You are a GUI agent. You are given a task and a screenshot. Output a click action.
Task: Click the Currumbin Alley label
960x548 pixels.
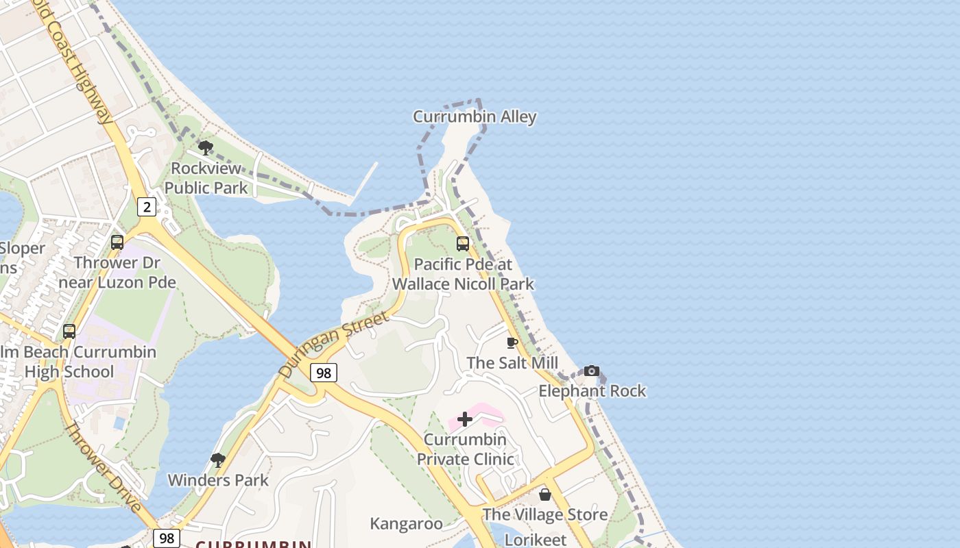tap(475, 117)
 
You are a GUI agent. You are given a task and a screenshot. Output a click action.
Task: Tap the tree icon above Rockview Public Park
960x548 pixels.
tap(205, 147)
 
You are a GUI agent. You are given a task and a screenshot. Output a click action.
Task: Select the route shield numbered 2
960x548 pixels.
tap(146, 206)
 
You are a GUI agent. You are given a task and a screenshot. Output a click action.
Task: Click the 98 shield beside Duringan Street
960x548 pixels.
tap(324, 373)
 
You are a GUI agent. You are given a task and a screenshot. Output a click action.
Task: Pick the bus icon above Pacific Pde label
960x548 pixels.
tap(463, 244)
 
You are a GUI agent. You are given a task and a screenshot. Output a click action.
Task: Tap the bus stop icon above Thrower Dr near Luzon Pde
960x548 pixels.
tap(117, 242)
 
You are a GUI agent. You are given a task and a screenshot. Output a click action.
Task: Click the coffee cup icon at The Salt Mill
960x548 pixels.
tap(512, 342)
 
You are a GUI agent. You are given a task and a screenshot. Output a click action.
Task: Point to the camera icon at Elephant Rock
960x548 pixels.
tap(592, 371)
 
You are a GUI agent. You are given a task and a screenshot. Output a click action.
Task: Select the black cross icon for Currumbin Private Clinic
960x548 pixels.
tap(465, 419)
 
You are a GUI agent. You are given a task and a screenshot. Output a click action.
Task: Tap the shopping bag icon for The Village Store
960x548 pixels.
tap(545, 494)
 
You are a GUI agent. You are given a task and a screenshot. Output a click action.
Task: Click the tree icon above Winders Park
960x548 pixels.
tap(218, 460)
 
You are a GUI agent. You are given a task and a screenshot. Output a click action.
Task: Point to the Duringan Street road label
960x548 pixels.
tap(333, 344)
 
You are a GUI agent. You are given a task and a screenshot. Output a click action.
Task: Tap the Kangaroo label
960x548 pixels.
tap(407, 524)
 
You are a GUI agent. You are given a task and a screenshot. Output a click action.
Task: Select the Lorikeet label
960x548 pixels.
tap(536, 540)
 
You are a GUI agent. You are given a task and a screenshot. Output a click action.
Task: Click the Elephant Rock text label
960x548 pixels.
tap(592, 391)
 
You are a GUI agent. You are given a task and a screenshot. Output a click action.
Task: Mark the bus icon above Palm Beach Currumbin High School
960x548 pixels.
tap(69, 332)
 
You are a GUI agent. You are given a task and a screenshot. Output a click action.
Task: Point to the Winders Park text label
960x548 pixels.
tap(218, 480)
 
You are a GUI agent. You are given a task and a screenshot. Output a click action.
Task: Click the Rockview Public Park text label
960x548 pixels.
tap(206, 177)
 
